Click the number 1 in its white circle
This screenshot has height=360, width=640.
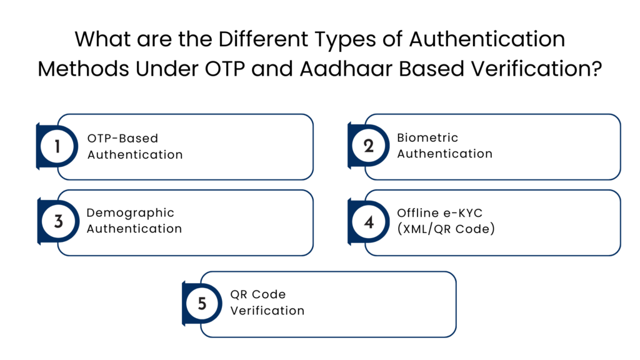[57, 147]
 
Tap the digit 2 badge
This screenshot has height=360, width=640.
[368, 146]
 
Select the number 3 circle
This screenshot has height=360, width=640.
[58, 221]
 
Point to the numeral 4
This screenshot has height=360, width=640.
[369, 222]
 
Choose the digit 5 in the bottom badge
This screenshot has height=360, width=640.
[202, 304]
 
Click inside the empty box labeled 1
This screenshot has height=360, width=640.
[194, 147]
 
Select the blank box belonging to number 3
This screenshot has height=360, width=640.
[194, 223]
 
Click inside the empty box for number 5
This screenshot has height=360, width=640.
[337, 304]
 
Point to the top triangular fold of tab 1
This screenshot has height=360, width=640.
[37, 124]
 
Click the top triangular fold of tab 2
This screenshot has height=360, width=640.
[349, 124]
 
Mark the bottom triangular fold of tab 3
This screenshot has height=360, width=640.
[38, 244]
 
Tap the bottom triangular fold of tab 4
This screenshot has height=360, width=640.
[349, 244]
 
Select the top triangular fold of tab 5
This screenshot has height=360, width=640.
[183, 282]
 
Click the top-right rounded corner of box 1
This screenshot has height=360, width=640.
[310, 118]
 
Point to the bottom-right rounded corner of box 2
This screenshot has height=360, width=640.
[617, 177]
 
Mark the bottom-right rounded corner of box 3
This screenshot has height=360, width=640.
[310, 252]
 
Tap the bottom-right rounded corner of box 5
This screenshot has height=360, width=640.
[453, 334]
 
